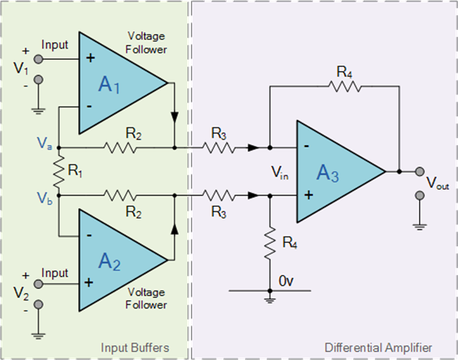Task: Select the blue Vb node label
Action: coord(45,196)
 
